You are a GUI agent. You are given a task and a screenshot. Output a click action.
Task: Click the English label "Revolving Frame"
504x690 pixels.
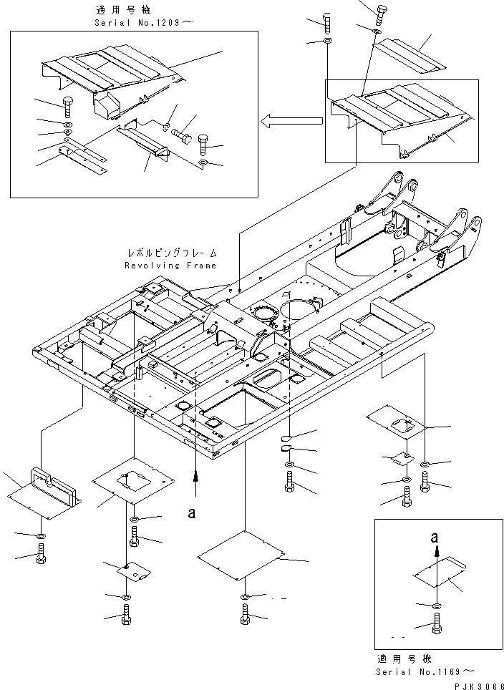(x=170, y=266)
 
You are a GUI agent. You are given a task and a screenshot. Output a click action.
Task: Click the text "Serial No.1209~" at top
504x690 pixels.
(x=137, y=22)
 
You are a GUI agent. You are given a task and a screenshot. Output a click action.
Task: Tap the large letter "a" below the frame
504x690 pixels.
(x=191, y=513)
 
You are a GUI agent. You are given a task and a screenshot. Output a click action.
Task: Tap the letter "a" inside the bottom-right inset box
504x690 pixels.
(x=435, y=537)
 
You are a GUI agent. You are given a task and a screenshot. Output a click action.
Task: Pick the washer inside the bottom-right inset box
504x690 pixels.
(x=437, y=607)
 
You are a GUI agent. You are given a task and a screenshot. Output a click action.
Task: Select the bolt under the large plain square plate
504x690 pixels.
(x=245, y=615)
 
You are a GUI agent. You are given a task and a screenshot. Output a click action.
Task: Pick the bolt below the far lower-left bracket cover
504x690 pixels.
(x=41, y=553)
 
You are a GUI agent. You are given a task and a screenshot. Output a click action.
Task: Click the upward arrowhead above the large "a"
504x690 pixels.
(x=197, y=476)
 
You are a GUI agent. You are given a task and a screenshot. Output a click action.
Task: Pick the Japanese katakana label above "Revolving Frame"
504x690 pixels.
(x=172, y=254)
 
